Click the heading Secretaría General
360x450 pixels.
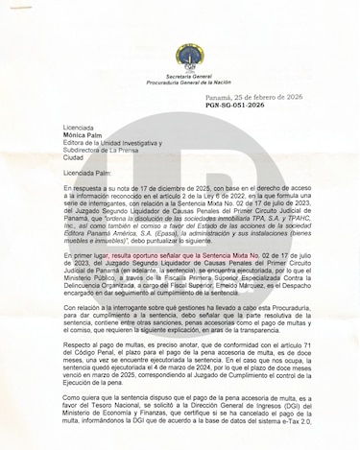pyautogui.click(x=180, y=61)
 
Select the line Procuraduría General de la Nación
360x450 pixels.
pyautogui.click(x=180, y=69)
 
